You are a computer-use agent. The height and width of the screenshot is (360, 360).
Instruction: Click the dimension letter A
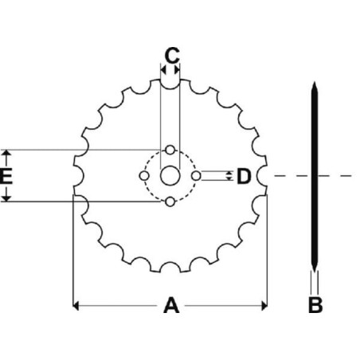(x=171, y=305)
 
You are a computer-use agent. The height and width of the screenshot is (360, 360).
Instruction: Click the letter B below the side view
(x=315, y=305)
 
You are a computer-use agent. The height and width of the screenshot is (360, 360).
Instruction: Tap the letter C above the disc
(x=172, y=55)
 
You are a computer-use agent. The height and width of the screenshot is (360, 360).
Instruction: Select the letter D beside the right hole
(x=244, y=176)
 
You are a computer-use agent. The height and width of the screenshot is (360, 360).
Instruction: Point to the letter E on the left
(x=6, y=176)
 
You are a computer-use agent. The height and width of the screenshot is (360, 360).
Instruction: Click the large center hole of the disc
(x=170, y=175)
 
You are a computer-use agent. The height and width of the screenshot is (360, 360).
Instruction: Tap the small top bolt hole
(x=170, y=150)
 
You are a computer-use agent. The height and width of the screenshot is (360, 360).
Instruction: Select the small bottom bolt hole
(x=170, y=202)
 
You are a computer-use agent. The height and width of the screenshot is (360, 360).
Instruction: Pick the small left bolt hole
(x=144, y=176)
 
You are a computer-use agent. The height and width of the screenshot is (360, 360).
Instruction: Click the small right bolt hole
(x=196, y=176)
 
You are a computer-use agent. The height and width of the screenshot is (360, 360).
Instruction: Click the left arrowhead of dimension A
(x=76, y=306)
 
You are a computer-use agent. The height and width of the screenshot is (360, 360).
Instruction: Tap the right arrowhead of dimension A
(x=264, y=306)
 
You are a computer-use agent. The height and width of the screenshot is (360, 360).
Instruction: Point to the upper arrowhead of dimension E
(x=6, y=152)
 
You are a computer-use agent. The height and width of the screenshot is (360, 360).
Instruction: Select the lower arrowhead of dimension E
(x=6, y=198)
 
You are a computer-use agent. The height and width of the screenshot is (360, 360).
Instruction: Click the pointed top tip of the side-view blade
(x=315, y=82)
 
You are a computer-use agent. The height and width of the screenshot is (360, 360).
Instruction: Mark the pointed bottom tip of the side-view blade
(x=315, y=272)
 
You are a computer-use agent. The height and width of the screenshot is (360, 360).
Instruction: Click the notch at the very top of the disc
(x=170, y=84)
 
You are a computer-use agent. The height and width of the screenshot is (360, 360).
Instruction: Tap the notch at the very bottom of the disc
(x=170, y=267)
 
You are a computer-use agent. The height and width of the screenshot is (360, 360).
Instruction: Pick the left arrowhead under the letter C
(x=163, y=70)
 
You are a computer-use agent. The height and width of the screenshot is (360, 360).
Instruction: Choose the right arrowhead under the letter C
(x=177, y=70)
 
